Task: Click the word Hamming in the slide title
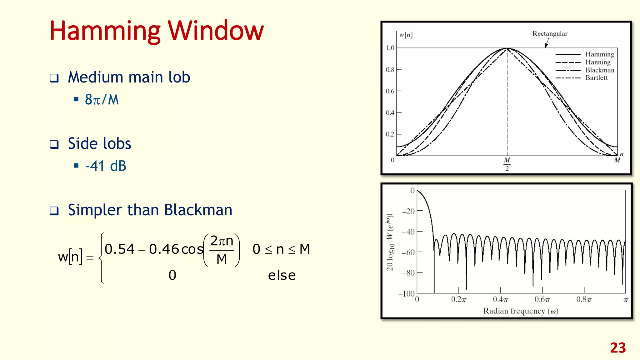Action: [105, 31]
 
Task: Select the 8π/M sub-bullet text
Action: [102, 100]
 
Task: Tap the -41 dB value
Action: [106, 166]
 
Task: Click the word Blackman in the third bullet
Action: [198, 210]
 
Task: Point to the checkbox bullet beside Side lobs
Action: [54, 144]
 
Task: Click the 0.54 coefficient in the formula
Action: [119, 249]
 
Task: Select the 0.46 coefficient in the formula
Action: [164, 249]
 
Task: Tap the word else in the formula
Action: [282, 276]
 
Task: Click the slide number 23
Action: [618, 348]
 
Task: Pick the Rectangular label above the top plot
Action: [550, 34]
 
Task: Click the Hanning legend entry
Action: [597, 62]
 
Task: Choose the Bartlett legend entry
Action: [596, 78]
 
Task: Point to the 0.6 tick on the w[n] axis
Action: [390, 91]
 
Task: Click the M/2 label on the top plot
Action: [507, 164]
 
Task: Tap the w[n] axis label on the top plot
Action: [406, 35]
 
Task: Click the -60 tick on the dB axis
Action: [408, 252]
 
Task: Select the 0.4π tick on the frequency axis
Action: [500, 299]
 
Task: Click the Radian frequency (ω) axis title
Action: [521, 311]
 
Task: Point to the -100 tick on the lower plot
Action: [406, 294]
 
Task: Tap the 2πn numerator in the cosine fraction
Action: [222, 241]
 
